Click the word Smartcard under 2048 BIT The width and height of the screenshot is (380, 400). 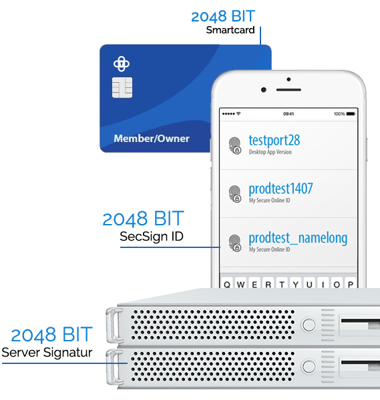tap(230, 30)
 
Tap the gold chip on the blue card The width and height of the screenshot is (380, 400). tap(122, 87)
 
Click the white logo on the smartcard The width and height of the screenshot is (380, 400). tap(122, 64)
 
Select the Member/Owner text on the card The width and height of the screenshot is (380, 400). tap(152, 139)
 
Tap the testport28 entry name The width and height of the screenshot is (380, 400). tap(274, 141)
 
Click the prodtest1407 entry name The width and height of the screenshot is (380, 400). tap(280, 189)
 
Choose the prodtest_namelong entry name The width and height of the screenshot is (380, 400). tap(298, 238)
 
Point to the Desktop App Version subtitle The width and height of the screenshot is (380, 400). tap(270, 152)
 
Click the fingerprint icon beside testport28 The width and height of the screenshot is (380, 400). tap(235, 145)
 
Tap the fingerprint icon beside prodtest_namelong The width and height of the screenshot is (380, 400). tap(235, 243)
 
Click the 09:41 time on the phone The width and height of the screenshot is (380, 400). tap(289, 114)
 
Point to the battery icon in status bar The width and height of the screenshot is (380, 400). tap(351, 114)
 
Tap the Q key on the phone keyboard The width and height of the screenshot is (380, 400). tap(226, 284)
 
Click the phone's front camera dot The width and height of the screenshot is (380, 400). tap(264, 90)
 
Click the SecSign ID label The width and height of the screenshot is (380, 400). tap(152, 237)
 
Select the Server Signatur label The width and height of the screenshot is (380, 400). tap(47, 353)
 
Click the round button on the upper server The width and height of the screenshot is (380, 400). tap(309, 325)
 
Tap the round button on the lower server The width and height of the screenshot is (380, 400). tap(309, 367)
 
